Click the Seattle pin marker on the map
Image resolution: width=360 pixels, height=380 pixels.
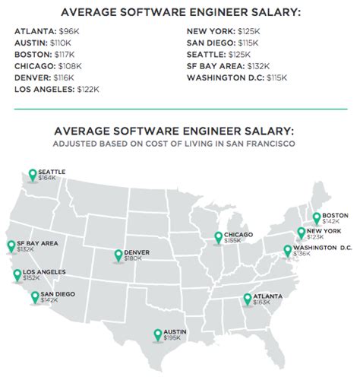[32, 175]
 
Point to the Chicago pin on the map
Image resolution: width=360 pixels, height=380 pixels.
[218, 237]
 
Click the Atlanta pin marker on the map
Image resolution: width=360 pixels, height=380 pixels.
[248, 299]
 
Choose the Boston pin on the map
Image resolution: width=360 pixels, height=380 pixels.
[317, 218]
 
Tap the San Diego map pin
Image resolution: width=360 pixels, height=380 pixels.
[35, 296]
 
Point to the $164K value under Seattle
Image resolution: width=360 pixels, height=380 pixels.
[47, 180]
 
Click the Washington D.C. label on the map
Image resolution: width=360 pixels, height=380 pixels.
[324, 248]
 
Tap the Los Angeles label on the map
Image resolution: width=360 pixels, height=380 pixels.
[44, 271]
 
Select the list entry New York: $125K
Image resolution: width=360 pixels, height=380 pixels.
[223, 31]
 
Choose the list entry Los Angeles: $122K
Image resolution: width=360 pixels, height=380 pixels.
[57, 89]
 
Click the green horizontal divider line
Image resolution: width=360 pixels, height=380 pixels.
[179, 108]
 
